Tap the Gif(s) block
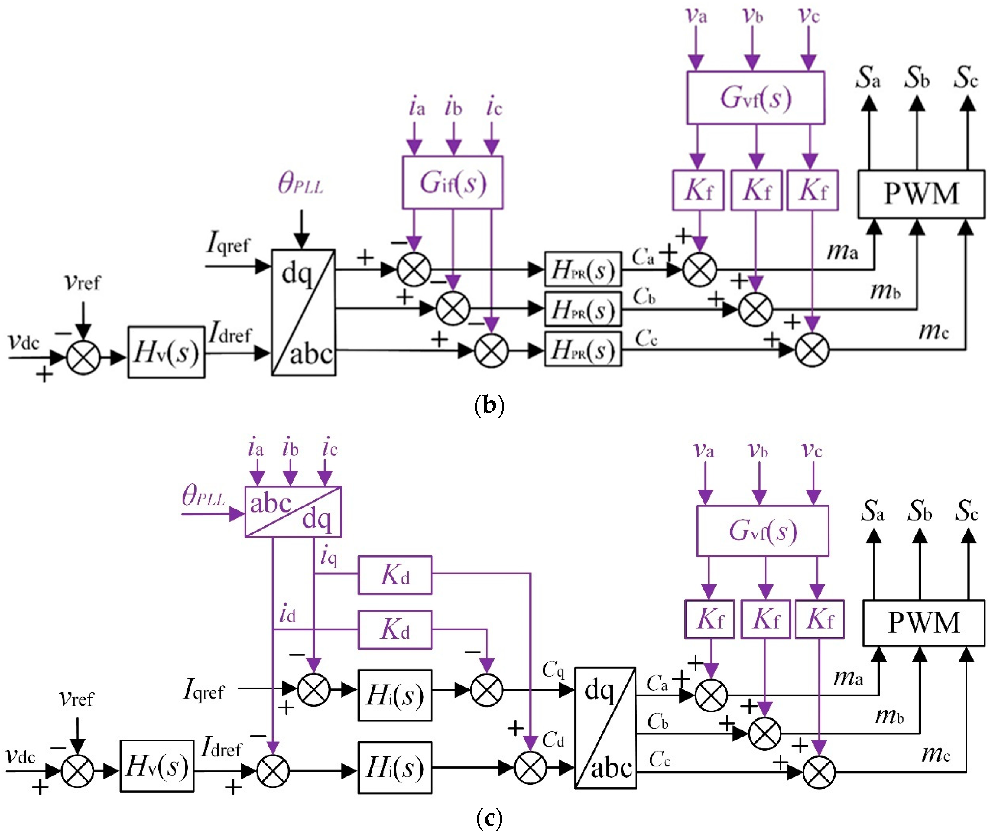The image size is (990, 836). coord(452,182)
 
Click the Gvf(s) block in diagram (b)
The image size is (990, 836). coord(755,98)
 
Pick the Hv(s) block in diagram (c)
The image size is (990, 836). coord(157,766)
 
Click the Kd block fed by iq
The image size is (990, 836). coord(395,575)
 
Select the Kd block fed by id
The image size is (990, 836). coord(395,629)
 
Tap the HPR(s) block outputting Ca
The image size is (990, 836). coord(583,269)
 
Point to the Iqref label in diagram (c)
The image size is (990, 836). coord(204,690)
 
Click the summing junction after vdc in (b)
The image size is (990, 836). coord(83,357)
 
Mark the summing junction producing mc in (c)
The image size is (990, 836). coord(818,773)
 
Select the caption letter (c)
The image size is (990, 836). coord(489,818)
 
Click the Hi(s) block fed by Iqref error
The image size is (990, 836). coord(395,695)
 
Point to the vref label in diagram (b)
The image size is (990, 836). coord(82,282)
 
